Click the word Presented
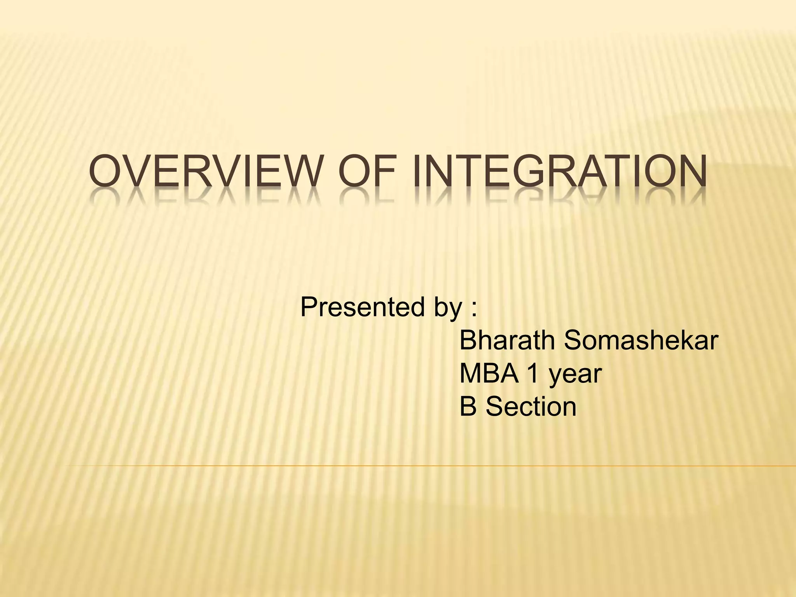click(362, 307)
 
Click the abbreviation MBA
click(489, 374)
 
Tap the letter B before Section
click(468, 407)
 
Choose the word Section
click(531, 407)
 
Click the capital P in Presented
click(309, 307)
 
